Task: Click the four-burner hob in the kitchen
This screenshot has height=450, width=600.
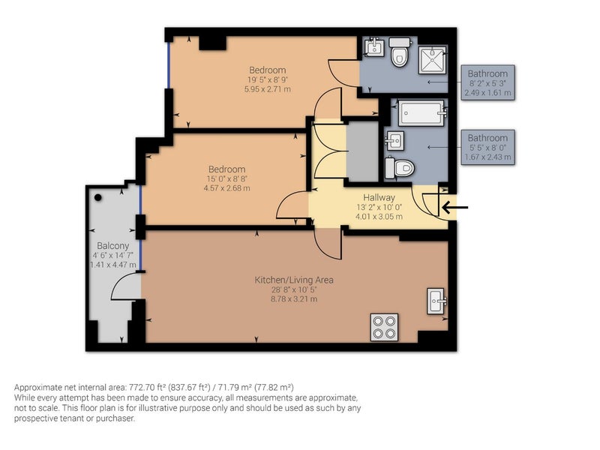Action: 384,327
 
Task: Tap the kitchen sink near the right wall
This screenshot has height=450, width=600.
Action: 436,301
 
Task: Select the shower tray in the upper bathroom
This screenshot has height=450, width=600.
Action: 433,60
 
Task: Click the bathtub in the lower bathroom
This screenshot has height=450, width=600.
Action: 422,113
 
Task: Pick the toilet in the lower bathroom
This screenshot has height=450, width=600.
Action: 400,168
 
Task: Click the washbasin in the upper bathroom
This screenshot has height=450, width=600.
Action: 373,47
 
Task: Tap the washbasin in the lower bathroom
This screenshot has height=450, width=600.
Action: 394,141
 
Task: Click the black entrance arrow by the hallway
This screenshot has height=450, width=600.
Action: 455,208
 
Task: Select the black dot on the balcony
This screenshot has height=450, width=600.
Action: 98,197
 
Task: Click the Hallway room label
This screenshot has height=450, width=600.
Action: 379,197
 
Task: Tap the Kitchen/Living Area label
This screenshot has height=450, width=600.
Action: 294,280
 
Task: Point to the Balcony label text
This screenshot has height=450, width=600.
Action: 113,246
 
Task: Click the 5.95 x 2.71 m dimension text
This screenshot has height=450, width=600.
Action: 268,89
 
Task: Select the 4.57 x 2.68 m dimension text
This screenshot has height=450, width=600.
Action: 227,188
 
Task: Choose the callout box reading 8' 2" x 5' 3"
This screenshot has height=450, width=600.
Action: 487,82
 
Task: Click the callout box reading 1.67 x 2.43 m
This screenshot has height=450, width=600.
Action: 487,147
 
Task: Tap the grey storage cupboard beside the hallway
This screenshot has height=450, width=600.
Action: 362,152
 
